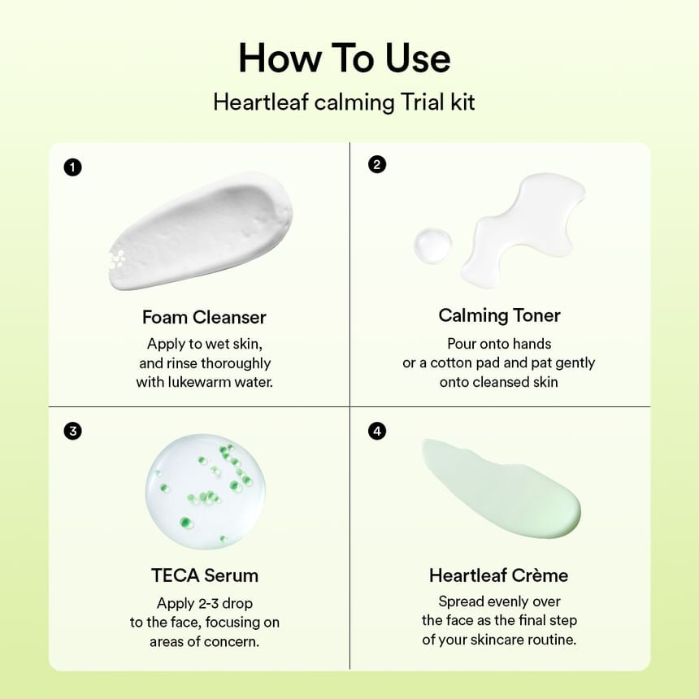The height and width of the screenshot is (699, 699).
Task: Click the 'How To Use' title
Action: (344, 59)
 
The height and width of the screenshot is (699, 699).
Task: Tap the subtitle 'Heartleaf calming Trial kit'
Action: (344, 102)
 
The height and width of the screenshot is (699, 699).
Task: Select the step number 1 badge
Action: (73, 168)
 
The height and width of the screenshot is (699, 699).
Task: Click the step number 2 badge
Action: (376, 165)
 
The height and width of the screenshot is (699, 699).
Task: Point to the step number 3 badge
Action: (73, 431)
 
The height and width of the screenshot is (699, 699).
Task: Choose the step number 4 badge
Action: (376, 431)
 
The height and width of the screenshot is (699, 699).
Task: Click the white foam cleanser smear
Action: (199, 232)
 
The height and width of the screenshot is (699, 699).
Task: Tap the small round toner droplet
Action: (432, 245)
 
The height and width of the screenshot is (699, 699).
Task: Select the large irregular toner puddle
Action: (520, 228)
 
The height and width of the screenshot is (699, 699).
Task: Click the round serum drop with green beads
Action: (205, 492)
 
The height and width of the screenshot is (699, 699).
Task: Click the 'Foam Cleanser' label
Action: (204, 317)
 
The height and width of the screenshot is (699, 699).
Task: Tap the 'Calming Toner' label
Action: (499, 315)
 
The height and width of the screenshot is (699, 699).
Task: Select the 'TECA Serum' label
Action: (205, 575)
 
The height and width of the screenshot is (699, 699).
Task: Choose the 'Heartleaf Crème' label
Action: (499, 575)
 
